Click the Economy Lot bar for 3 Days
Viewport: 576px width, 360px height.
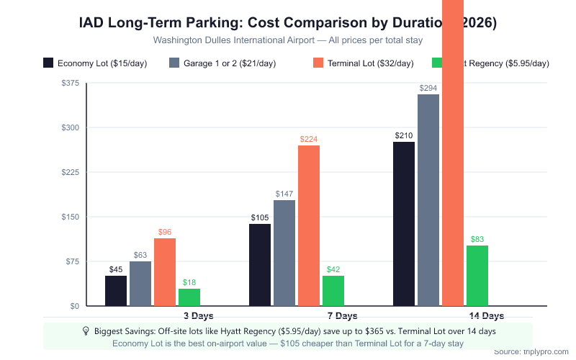(116, 291)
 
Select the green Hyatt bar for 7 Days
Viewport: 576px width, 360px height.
(333, 291)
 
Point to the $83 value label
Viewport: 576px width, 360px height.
(477, 239)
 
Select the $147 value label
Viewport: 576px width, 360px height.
(284, 194)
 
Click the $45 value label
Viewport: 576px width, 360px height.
(116, 269)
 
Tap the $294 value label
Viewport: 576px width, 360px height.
(428, 88)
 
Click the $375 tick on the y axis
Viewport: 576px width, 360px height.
(71, 83)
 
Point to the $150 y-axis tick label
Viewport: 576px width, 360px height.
(71, 217)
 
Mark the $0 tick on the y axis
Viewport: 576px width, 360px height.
(74, 306)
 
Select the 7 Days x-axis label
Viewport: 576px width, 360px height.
(342, 316)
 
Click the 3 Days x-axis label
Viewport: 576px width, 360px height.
(198, 316)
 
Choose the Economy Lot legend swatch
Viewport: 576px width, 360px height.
(49, 63)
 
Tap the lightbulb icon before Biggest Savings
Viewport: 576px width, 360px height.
(86, 331)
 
